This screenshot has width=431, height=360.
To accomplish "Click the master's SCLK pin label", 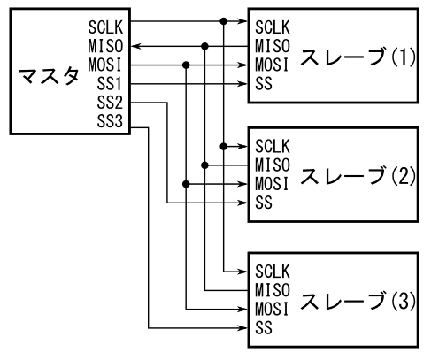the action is click(105, 27).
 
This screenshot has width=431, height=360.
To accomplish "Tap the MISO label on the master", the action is click(105, 46).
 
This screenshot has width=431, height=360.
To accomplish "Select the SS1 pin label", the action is click(109, 84).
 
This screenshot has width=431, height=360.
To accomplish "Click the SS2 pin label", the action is click(110, 103).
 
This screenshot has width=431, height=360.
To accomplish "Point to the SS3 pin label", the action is click(110, 121).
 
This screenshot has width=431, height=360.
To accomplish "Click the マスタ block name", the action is click(49, 76).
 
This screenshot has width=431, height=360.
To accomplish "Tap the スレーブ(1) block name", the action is click(358, 57).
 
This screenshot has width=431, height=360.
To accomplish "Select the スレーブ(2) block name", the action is click(358, 176).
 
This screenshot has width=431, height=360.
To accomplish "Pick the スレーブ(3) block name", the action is click(358, 301).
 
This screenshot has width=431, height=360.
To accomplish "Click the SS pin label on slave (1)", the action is click(264, 84).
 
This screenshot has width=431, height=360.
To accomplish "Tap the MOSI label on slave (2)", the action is click(272, 184).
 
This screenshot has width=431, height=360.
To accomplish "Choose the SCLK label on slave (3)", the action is click(273, 272).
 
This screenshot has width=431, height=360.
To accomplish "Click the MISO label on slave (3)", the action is click(273, 290).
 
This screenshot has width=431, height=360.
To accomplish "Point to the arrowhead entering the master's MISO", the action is click(135, 46).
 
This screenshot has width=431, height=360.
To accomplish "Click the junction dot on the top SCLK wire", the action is click(224, 21).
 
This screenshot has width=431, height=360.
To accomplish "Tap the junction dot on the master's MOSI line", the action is click(186, 65).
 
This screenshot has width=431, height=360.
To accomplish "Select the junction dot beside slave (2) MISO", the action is click(204, 165).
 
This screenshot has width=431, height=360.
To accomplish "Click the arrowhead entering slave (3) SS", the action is click(243, 328).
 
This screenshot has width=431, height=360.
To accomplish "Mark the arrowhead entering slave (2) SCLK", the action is click(243, 146).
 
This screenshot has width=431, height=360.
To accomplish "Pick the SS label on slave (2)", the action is click(264, 203).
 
